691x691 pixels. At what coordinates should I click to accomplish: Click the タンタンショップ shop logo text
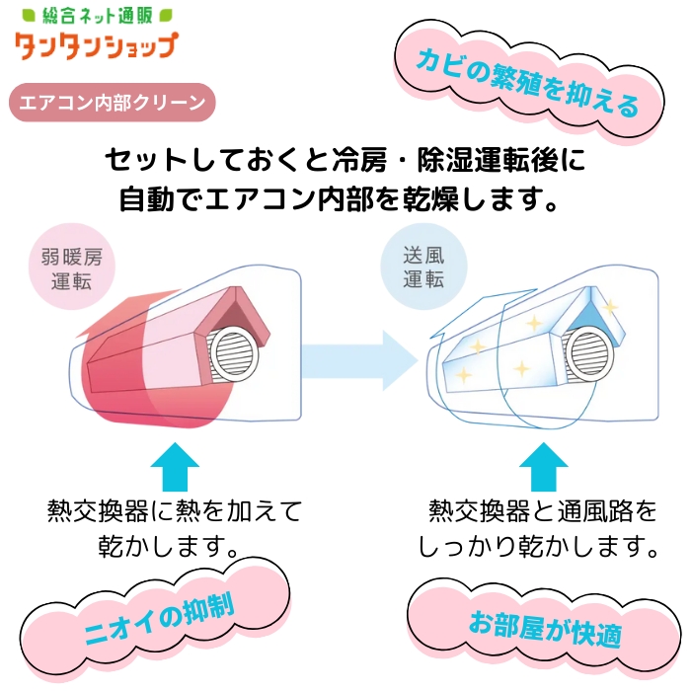point(96,46)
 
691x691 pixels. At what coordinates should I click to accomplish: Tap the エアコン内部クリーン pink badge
point(111,102)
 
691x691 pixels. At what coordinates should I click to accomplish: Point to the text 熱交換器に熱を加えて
point(175,511)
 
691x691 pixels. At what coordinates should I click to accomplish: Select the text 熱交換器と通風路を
point(542,511)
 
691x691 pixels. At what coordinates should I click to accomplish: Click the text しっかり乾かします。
point(538,544)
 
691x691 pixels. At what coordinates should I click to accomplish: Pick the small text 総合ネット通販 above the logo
point(95,17)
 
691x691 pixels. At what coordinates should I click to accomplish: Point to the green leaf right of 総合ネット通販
point(167,16)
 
